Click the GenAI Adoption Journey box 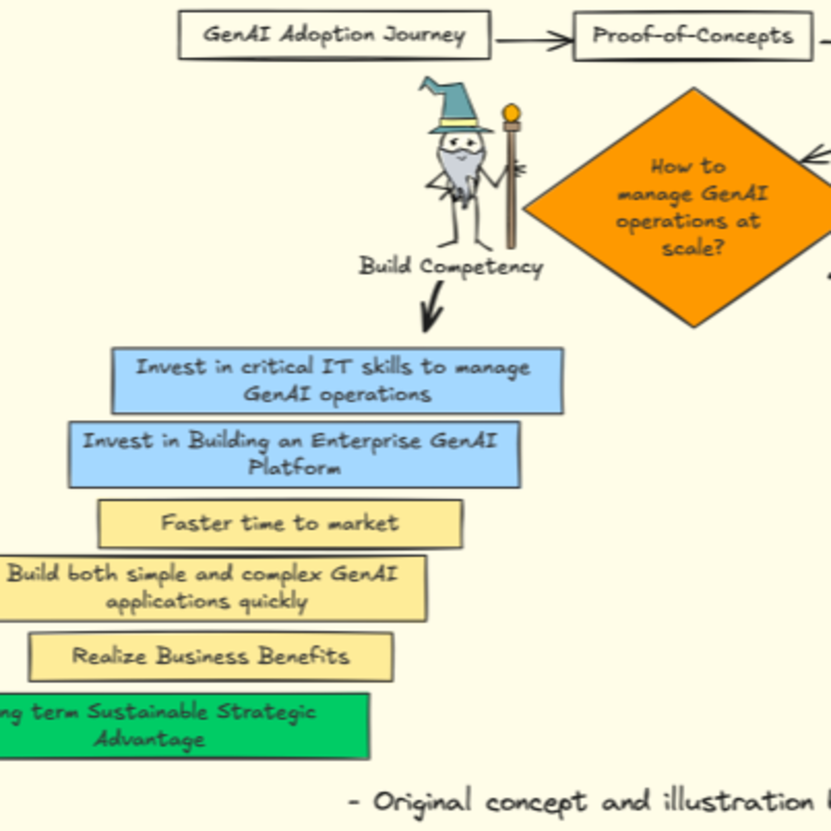pos(334,35)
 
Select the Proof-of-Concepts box pos(693,36)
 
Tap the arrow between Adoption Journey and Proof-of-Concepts pos(533,41)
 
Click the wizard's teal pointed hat pos(456,107)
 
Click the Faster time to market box pos(280,524)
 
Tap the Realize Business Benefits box pos(211,656)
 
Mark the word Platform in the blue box pos(295,468)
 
